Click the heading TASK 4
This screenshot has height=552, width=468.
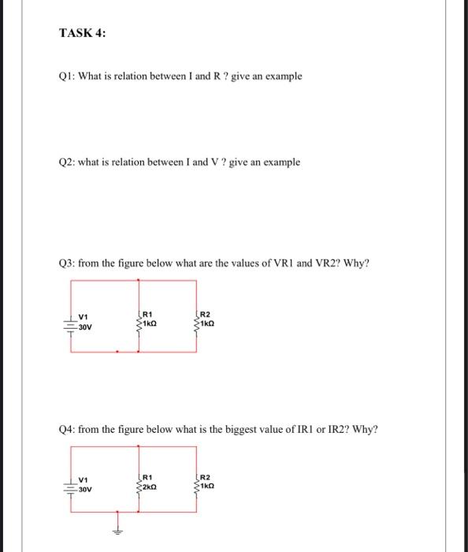click(83, 33)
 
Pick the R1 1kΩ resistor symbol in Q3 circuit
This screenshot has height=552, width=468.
click(139, 323)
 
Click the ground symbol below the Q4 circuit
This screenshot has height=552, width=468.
click(120, 530)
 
